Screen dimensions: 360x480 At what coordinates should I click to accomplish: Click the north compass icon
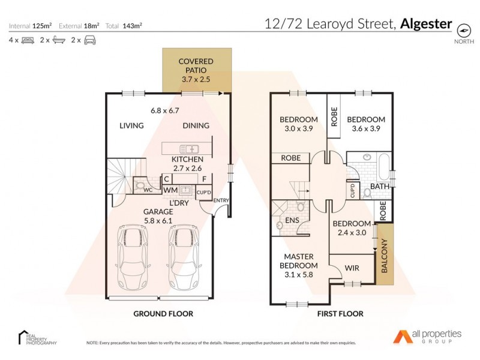463,30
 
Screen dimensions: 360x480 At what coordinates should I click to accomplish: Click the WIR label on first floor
352,268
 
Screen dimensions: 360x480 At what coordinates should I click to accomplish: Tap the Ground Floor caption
163,313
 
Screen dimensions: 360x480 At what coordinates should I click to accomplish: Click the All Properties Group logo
427,336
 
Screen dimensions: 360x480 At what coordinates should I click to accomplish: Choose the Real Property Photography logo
37,337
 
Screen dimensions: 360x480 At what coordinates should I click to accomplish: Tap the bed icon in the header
28,40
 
